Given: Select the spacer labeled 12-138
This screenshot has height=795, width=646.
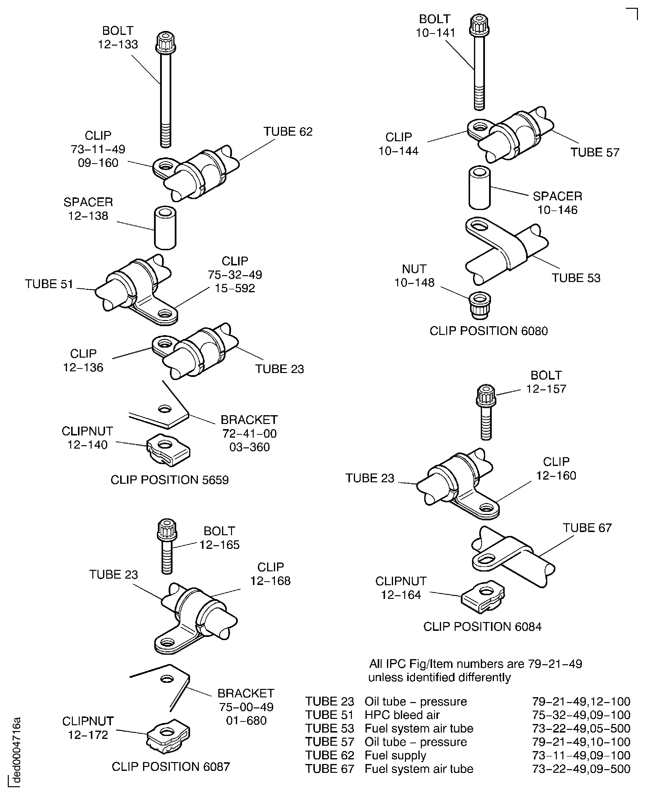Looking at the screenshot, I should click(165, 228).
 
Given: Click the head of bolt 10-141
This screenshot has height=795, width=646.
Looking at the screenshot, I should click(479, 25).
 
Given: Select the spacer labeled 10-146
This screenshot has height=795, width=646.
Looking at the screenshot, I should click(479, 188).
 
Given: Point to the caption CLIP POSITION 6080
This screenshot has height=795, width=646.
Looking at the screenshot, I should click(488, 331).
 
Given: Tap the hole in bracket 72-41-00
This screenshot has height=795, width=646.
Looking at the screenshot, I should click(164, 409).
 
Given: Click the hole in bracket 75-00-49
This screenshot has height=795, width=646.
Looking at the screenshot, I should click(167, 679).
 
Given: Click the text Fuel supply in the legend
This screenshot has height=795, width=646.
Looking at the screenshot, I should click(395, 755).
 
